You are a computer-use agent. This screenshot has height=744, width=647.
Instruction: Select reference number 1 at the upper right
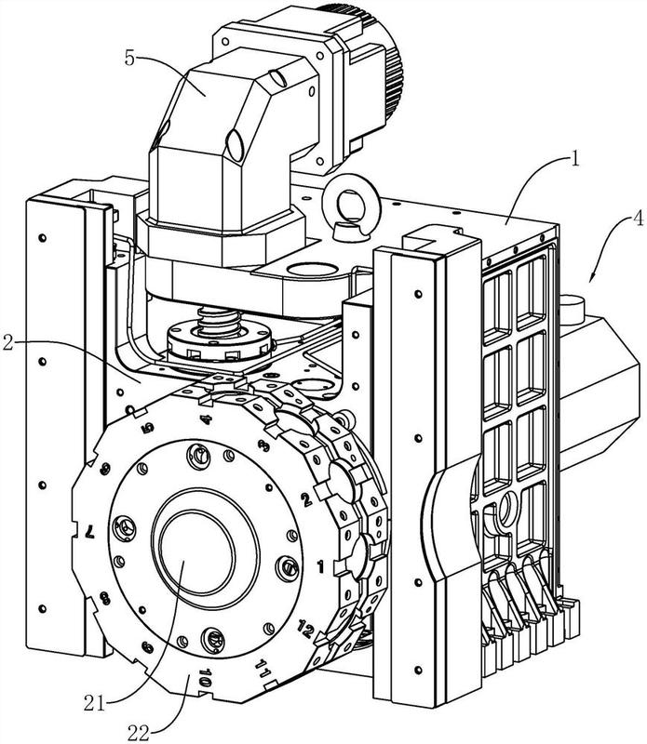[575, 158]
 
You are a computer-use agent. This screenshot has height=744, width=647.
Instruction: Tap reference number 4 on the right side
[639, 222]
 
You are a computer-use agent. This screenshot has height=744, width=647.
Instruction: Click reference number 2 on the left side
[8, 342]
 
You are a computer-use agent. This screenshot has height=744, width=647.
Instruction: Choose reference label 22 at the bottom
[140, 734]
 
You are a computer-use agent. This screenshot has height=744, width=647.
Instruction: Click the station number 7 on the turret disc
[88, 531]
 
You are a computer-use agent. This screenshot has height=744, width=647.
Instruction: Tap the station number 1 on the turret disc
[320, 566]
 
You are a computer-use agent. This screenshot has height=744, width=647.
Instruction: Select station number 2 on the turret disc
[306, 498]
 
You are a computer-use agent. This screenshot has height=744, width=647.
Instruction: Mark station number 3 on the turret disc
[263, 445]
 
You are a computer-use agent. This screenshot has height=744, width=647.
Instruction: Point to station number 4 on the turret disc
[205, 419]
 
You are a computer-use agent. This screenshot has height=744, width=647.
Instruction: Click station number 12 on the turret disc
[305, 630]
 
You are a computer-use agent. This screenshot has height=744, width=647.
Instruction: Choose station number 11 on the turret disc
[263, 668]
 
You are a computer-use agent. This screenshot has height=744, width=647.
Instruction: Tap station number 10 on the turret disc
[205, 678]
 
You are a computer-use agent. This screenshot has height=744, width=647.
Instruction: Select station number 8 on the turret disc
[105, 598]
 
